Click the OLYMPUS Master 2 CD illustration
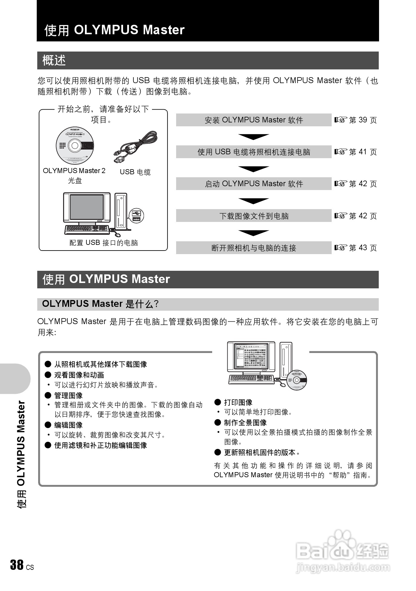tap(75, 146)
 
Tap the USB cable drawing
tap(136, 147)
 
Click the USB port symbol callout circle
tap(136, 216)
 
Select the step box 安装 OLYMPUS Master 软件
tap(254, 120)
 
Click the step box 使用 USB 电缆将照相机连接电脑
tap(254, 152)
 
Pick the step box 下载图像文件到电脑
tap(254, 216)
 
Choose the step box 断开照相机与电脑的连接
tap(254, 248)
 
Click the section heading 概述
tap(54, 60)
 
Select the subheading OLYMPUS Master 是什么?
tap(100, 304)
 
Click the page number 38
tap(17, 565)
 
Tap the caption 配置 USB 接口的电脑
tap(104, 243)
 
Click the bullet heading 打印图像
tap(238, 402)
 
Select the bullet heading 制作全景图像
tap(245, 423)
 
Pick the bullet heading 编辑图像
tap(68, 425)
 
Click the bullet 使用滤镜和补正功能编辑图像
tap(100, 445)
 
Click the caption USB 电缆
tap(135, 172)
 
